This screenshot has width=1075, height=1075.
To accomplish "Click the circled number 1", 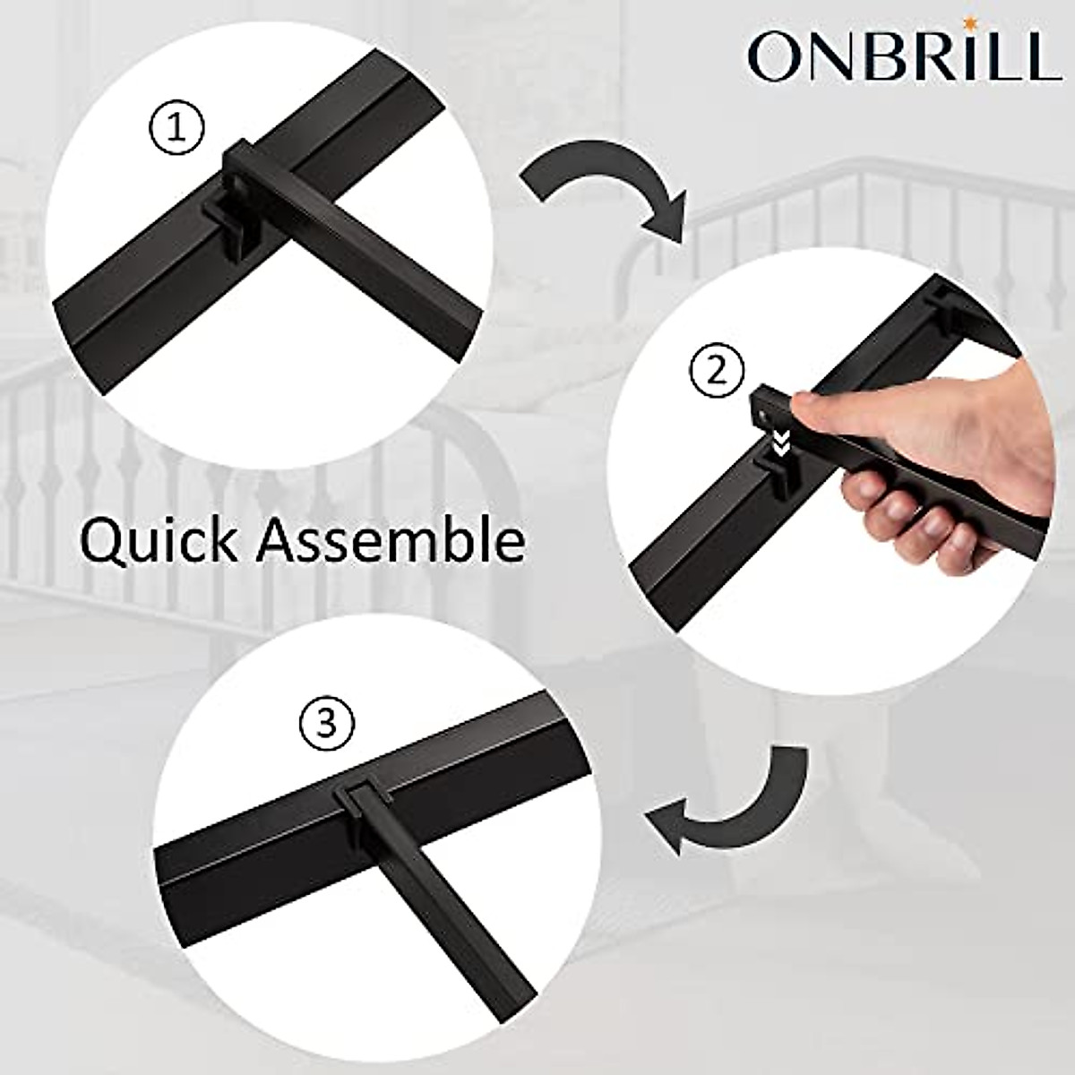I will (175, 131).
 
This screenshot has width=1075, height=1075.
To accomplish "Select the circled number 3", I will (326, 722).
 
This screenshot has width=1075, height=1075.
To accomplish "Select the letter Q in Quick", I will (104, 542).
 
